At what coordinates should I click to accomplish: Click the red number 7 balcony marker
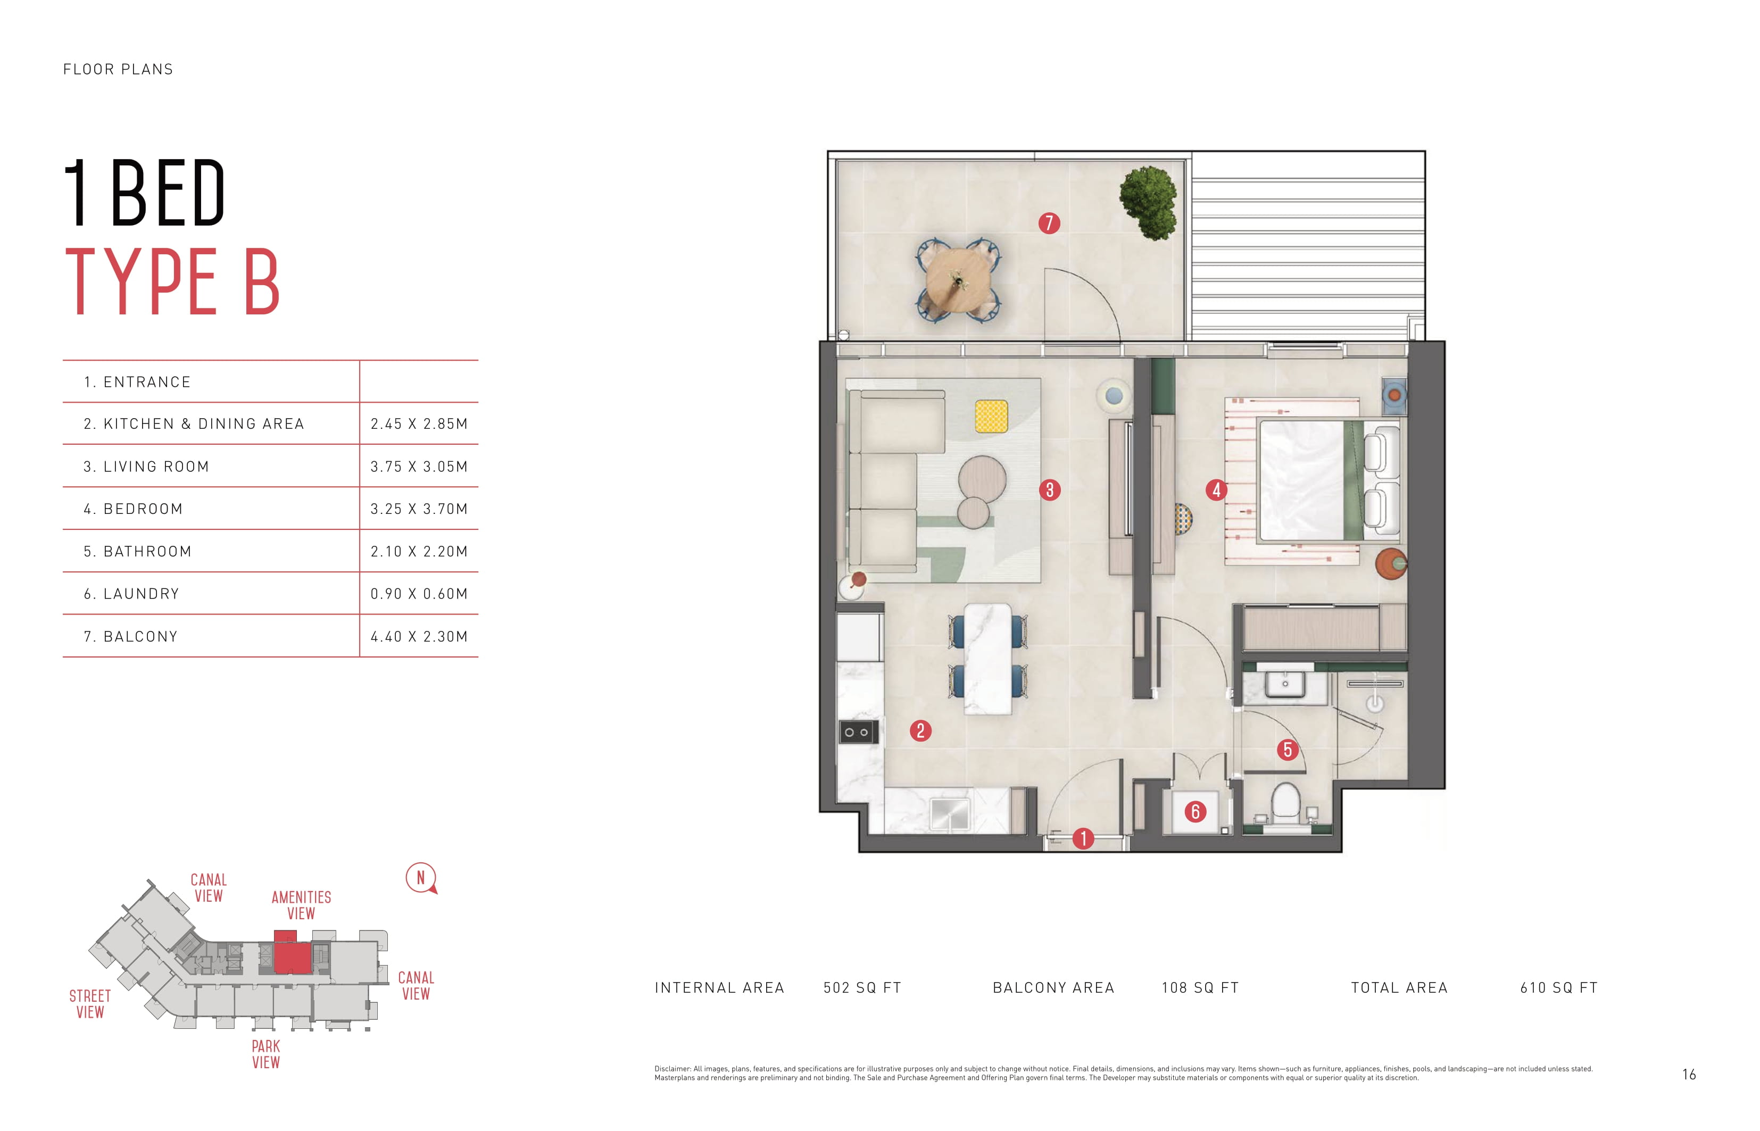[1049, 223]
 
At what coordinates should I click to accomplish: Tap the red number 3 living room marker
[1050, 490]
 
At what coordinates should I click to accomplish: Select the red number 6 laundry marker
[1195, 811]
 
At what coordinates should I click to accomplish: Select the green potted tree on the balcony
[1148, 203]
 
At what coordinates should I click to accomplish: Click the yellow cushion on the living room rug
[991, 417]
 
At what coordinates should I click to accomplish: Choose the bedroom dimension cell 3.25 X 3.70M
[419, 509]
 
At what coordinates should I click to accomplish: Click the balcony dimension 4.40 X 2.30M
[419, 637]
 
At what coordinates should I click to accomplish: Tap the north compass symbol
[421, 878]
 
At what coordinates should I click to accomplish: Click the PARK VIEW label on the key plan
[266, 1054]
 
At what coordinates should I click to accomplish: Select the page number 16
[1689, 1075]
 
